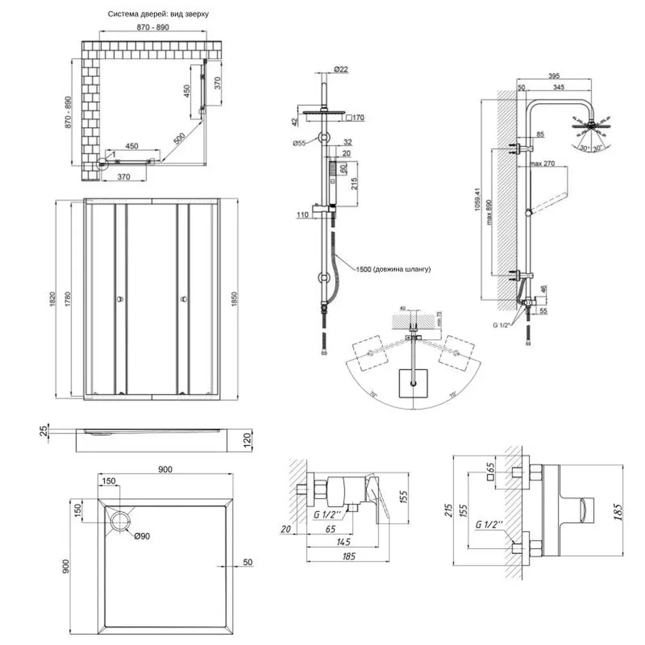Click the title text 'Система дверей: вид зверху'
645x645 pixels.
(x=159, y=13)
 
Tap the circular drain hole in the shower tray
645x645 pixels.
(x=119, y=520)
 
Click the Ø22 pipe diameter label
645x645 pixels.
(x=341, y=69)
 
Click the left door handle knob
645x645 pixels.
(x=119, y=299)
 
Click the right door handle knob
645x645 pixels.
(x=184, y=299)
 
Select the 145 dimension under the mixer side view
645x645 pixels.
(x=348, y=542)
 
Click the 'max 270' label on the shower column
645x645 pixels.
(x=542, y=164)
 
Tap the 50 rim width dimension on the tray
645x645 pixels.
(x=247, y=562)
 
